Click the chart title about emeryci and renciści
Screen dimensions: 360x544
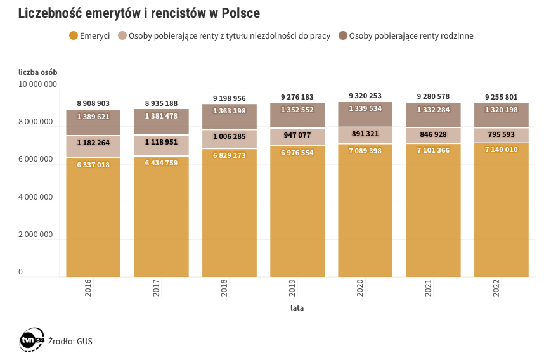139,13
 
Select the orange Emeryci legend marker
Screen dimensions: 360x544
74,35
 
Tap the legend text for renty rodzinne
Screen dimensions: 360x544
411,35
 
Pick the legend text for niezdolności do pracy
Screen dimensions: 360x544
229,35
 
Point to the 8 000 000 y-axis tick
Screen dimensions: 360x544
37,122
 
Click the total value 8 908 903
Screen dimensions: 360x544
93,103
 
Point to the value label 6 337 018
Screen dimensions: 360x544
93,165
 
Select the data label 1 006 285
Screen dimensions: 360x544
230,136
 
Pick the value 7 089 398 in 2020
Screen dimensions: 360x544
365,151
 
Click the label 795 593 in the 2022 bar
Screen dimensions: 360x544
502,134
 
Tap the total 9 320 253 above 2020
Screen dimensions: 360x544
365,96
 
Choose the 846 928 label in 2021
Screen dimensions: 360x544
433,134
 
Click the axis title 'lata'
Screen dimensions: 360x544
297,309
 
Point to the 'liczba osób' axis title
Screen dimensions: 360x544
37,71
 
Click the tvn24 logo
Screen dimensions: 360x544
31,340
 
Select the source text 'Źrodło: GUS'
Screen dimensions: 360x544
71,341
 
